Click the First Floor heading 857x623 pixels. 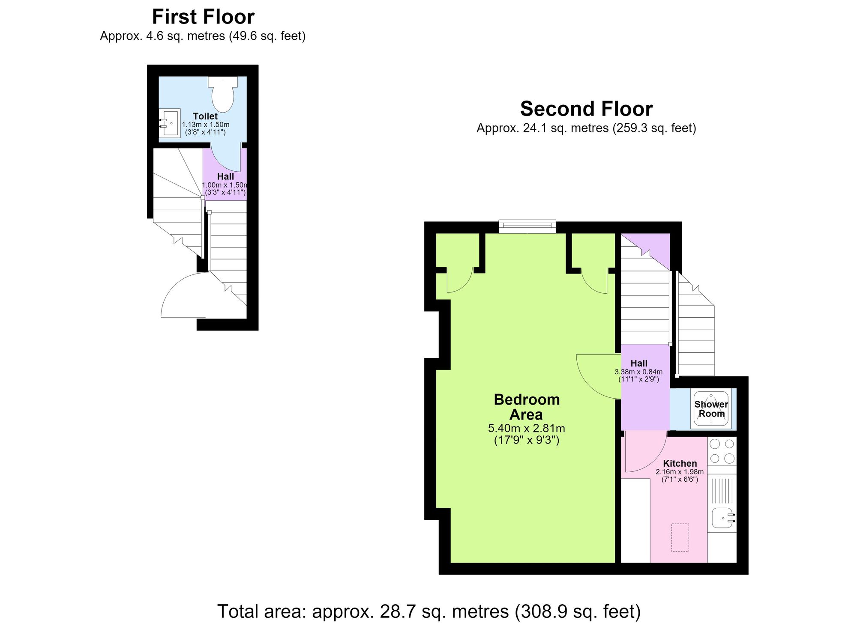click(x=203, y=17)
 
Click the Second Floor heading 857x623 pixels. click(x=586, y=109)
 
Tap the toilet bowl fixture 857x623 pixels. click(x=223, y=94)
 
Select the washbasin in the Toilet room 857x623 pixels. click(x=170, y=124)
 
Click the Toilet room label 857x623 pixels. click(x=205, y=116)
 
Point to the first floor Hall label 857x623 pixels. click(x=225, y=176)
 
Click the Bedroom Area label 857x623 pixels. click(x=527, y=407)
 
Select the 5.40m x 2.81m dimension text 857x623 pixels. click(x=527, y=428)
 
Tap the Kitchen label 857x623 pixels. click(x=680, y=463)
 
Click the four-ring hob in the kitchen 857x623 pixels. click(x=722, y=451)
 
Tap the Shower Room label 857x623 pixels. click(x=711, y=409)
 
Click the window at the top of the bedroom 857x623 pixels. click(x=527, y=227)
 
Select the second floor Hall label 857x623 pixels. click(x=639, y=363)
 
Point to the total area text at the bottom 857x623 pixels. click(x=429, y=611)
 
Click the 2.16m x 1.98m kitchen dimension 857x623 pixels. click(x=680, y=472)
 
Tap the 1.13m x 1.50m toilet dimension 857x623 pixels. click(x=206, y=125)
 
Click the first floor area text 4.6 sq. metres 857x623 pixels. click(x=203, y=36)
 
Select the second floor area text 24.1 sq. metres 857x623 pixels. click(x=586, y=128)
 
